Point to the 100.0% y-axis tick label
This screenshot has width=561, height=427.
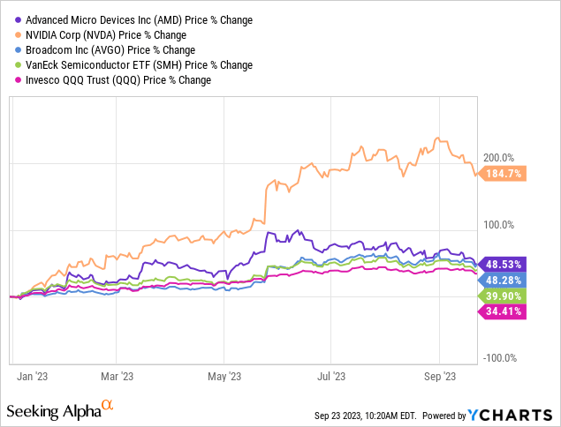pos(497,224)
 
